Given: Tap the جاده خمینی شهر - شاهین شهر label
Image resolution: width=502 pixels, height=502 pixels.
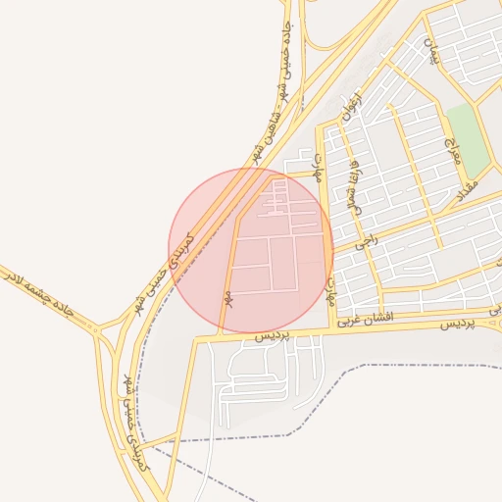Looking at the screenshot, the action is [275, 93].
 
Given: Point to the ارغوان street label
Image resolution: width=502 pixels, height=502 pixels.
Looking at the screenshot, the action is [348, 108].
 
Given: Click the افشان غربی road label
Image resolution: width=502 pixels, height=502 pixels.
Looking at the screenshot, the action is [365, 319].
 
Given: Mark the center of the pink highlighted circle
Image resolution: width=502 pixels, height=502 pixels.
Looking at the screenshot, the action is [251, 250].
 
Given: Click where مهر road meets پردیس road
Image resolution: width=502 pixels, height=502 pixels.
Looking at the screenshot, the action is [220, 335].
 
